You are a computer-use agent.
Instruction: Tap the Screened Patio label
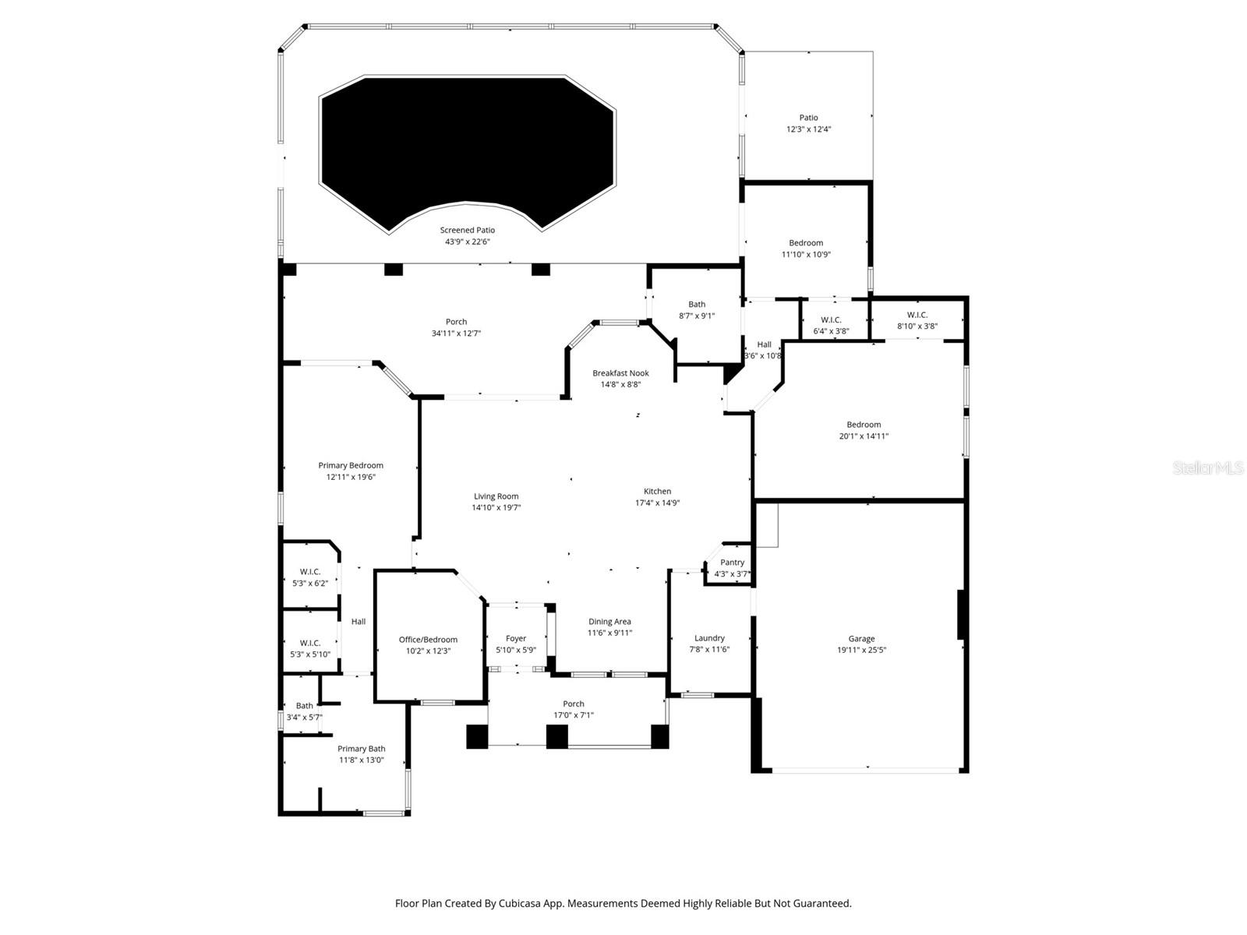coord(467,230)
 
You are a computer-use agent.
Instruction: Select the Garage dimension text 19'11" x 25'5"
coord(861,650)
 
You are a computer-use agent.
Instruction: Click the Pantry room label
coord(732,563)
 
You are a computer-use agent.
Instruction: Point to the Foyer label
coord(515,638)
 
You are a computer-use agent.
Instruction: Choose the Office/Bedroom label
coord(428,640)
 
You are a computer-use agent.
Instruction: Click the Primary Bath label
coord(361,749)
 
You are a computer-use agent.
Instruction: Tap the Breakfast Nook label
coord(620,373)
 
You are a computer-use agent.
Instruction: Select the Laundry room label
coord(709,638)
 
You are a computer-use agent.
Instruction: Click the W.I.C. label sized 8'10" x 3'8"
coord(917,315)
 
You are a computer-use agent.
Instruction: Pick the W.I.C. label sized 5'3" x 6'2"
coord(309,572)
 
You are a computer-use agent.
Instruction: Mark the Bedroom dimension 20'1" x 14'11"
coord(864,436)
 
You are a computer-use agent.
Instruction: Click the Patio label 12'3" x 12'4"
coord(808,118)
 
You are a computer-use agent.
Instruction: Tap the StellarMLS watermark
coord(1208,467)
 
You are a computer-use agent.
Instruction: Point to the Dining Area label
coord(609,622)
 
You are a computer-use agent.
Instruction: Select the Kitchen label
coord(657,492)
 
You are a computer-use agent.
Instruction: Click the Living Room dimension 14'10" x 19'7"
coord(496,508)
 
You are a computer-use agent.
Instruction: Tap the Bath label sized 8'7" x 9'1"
coord(697,305)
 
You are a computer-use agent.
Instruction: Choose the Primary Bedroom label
coord(350,466)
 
